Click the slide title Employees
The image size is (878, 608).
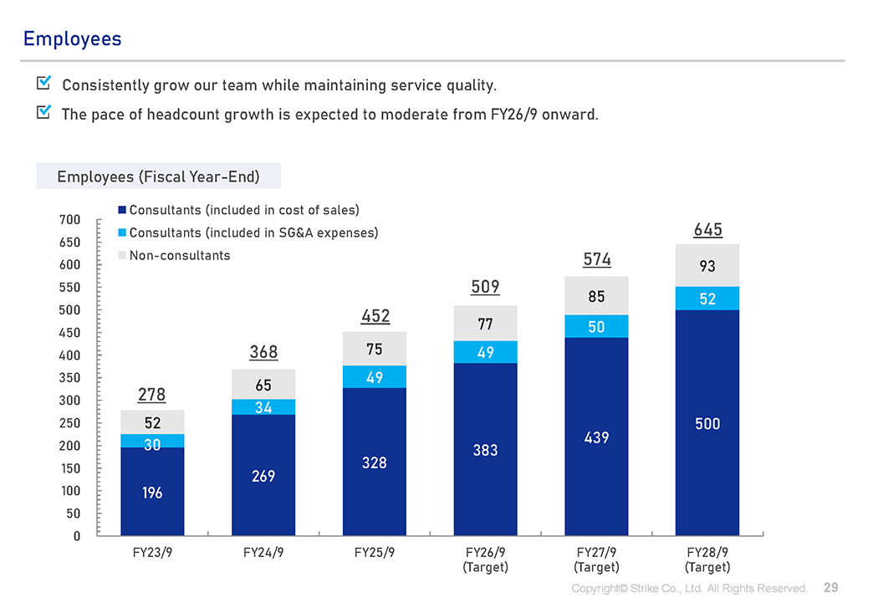coord(72,38)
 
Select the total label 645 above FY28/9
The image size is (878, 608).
coord(707,230)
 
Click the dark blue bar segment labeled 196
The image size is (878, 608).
coord(152,492)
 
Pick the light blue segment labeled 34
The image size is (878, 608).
coord(263,407)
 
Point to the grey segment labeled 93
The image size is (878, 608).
coord(707,266)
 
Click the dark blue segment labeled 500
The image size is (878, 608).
coord(707,423)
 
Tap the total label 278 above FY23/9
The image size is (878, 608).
coord(152,394)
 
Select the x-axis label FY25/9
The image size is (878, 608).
coord(375,553)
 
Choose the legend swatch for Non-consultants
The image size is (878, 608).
coord(122,255)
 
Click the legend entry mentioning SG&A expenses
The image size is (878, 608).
coord(253,232)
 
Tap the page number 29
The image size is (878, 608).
coord(830,588)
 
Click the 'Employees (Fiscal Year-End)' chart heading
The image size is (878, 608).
coord(158,176)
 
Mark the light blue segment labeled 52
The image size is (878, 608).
coord(707,299)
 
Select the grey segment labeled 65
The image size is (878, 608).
coord(263,385)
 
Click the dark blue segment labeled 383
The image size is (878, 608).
coord(485,450)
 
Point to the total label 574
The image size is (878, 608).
coord(596,260)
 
